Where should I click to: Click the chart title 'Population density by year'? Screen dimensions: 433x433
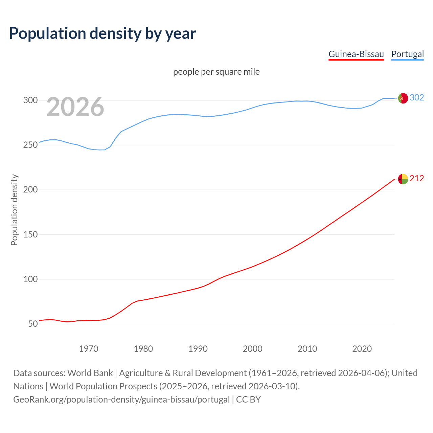point(102,33)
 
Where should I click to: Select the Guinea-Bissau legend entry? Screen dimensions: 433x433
point(356,54)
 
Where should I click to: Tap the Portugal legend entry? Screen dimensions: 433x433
point(407,54)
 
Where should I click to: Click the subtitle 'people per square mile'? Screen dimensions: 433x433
point(216,72)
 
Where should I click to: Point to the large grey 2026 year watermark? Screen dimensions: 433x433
point(75,107)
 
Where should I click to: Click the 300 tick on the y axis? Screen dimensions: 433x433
point(30,100)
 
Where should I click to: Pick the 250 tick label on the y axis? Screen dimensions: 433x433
point(30,145)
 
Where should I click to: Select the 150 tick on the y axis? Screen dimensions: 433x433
point(30,234)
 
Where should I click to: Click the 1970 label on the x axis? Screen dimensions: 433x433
point(89,349)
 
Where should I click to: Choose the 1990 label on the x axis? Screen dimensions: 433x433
point(198,349)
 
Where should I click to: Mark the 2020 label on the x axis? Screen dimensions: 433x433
point(362,349)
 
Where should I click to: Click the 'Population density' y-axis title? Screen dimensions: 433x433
point(14,210)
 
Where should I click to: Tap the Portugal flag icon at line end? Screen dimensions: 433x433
point(403,98)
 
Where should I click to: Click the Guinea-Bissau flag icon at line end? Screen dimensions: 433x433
point(403,179)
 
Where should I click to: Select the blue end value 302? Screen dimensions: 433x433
point(417,97)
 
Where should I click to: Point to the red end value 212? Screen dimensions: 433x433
point(417,178)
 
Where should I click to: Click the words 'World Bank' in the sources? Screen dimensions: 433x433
point(90,373)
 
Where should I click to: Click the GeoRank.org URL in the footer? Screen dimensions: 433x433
point(121,399)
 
